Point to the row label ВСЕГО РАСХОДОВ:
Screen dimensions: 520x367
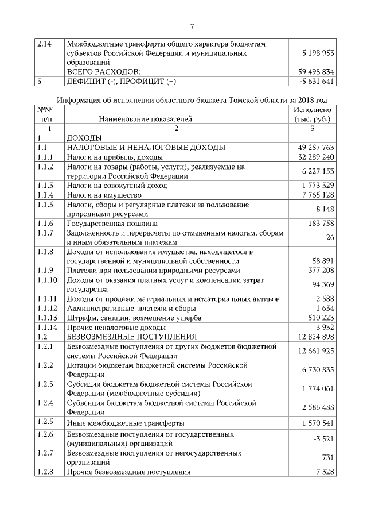pos(104,72)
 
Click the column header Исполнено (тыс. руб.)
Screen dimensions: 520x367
pos(312,114)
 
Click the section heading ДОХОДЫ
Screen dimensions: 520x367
pos(84,138)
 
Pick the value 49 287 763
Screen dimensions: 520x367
pos(312,148)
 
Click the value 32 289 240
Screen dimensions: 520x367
pos(312,157)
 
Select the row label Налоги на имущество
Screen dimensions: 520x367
pos(104,195)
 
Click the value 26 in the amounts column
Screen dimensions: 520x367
pos(329,237)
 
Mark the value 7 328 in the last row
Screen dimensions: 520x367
pos(323,472)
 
